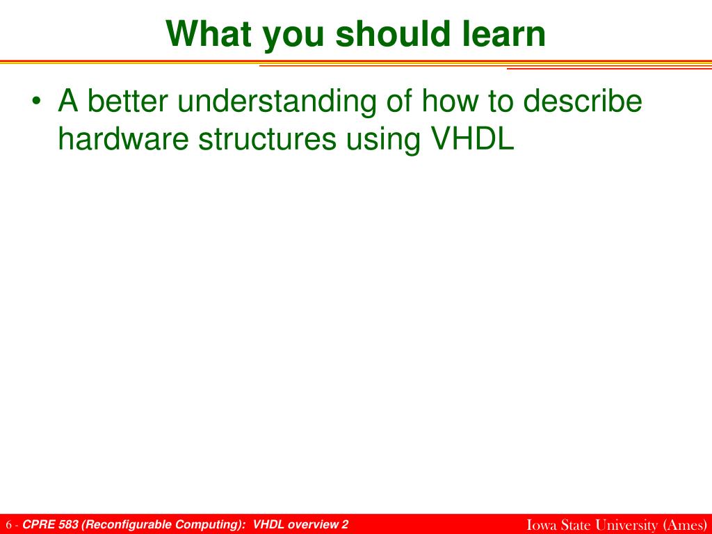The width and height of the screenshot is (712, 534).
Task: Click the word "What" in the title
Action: [x=209, y=33]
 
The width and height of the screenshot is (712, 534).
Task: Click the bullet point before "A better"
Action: [x=36, y=102]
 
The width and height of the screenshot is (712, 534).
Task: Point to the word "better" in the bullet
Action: [x=127, y=101]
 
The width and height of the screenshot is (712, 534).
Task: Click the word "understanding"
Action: [x=277, y=104]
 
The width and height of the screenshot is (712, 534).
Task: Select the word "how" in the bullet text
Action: [x=450, y=101]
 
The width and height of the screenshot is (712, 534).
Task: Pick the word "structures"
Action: [x=268, y=139]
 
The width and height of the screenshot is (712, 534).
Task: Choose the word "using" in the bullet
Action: [x=383, y=141]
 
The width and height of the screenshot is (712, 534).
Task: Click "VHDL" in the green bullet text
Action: [x=472, y=138]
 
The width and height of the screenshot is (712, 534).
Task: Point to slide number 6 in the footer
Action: [x=8, y=525]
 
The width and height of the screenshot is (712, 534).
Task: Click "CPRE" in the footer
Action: [x=39, y=524]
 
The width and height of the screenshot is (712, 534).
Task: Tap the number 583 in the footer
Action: [x=68, y=524]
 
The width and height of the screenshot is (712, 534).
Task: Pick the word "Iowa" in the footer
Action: [x=542, y=524]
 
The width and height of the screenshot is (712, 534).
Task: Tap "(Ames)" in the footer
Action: [x=685, y=525]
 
